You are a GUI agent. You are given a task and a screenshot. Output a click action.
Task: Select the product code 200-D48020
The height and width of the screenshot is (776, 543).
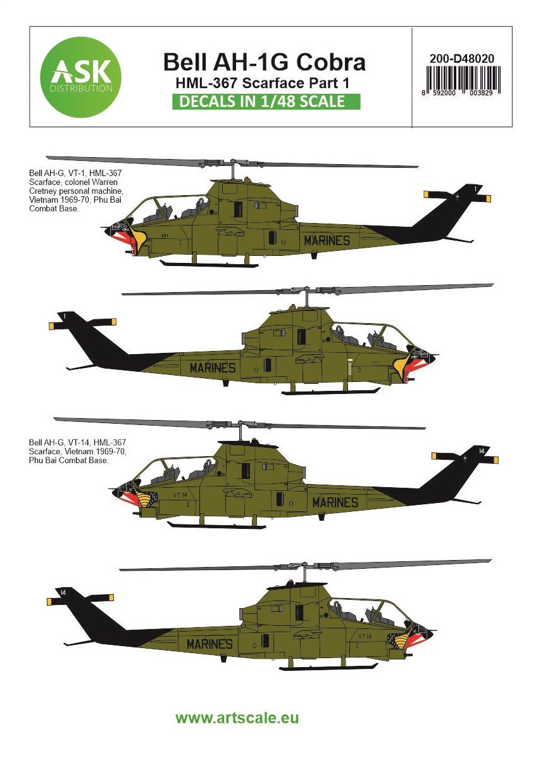[x=461, y=58]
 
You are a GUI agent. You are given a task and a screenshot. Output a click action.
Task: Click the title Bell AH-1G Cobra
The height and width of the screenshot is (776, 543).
[x=265, y=61]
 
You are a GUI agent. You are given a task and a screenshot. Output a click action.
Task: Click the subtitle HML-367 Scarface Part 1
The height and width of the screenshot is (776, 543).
[x=265, y=82]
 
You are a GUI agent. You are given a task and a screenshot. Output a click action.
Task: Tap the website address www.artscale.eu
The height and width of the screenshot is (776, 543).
[x=237, y=718]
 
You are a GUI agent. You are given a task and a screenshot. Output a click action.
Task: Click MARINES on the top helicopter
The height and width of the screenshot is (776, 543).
[x=327, y=240]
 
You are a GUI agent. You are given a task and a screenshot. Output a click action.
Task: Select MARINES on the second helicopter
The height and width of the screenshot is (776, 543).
[x=212, y=368]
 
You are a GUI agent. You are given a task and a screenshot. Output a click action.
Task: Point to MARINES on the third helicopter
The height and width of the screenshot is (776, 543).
[x=335, y=502]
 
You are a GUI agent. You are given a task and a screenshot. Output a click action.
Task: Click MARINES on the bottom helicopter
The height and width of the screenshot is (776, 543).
[x=209, y=644]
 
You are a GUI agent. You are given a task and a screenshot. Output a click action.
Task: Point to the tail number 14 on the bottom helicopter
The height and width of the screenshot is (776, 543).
[x=63, y=592]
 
